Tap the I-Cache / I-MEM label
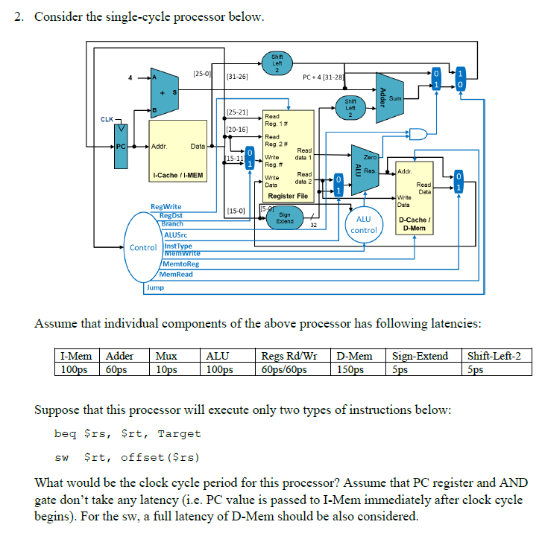coord(177,175)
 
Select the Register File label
coord(288,196)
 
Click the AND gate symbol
coord(418,134)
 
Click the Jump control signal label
coord(155,287)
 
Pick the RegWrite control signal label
coord(166,206)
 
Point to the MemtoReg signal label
coord(180,264)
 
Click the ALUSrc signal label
coord(176,235)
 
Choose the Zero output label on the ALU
coord(370,157)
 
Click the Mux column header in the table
coord(166,356)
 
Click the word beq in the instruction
coord(66,433)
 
